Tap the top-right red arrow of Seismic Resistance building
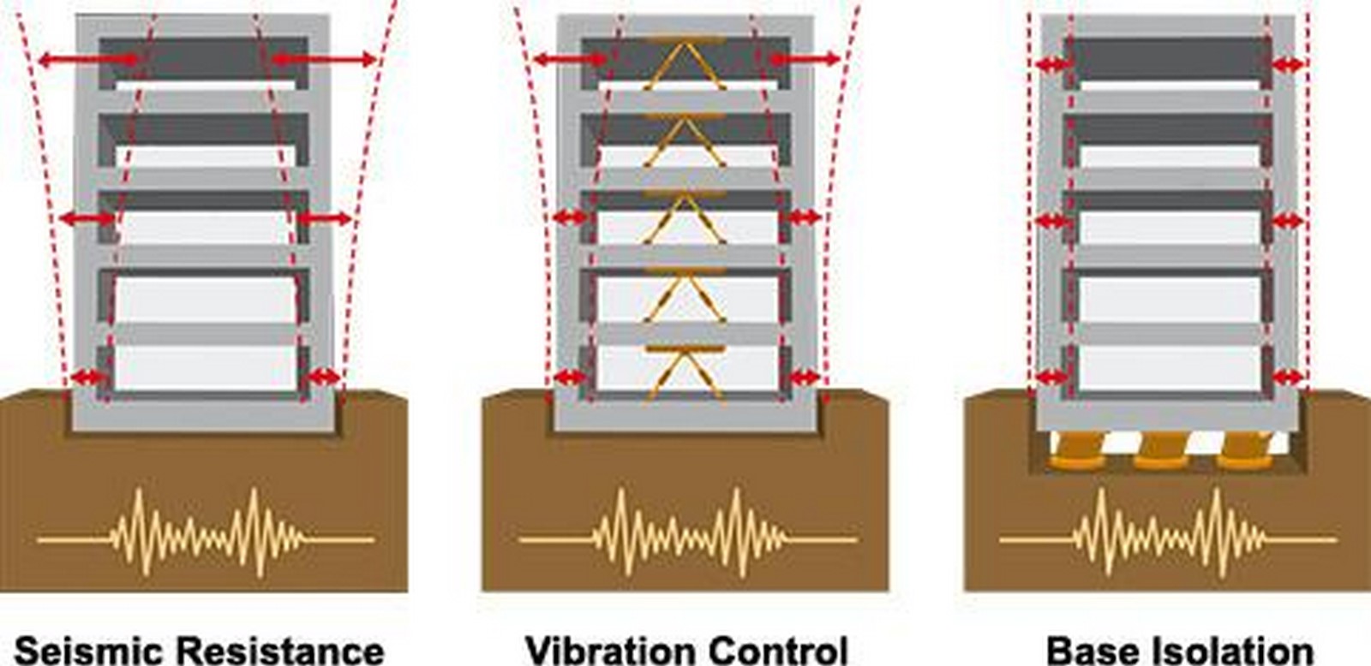(x=323, y=60)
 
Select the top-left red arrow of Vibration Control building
(x=571, y=59)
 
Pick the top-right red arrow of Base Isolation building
(x=1288, y=64)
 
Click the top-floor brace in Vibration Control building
(x=685, y=64)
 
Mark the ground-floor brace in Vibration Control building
(x=685, y=374)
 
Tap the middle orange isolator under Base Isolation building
(x=1160, y=450)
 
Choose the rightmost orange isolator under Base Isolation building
(x=1243, y=450)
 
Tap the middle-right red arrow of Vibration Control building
(x=803, y=217)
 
